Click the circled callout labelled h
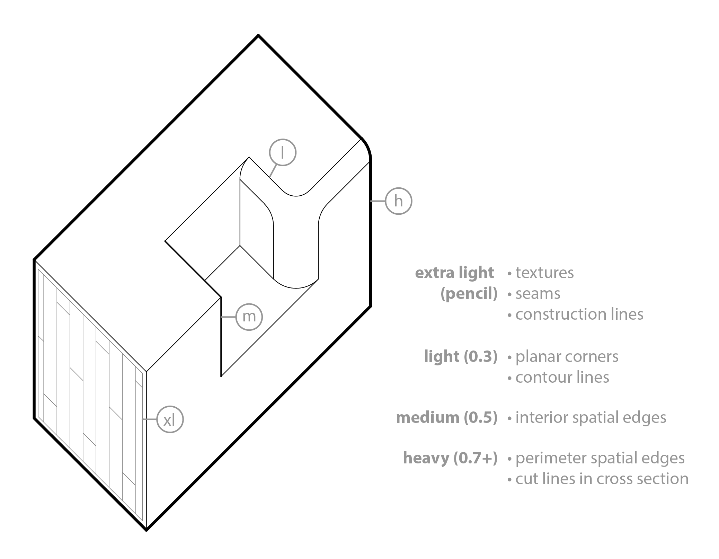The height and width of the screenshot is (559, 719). [398, 201]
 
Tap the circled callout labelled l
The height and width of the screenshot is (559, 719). [283, 152]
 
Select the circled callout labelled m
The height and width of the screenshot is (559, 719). [249, 317]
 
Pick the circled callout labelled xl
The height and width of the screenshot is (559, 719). [170, 419]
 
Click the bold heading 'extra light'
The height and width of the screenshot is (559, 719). [454, 273]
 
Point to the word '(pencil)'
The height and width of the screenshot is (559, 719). [469, 294]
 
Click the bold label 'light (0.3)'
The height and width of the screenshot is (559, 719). [461, 356]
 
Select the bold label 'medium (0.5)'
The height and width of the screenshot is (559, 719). [447, 417]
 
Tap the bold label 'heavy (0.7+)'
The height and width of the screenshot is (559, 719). [450, 458]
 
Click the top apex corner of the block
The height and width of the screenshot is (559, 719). [258, 35]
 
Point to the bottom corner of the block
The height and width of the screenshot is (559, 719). [147, 530]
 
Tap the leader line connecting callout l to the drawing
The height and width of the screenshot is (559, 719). [273, 171]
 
